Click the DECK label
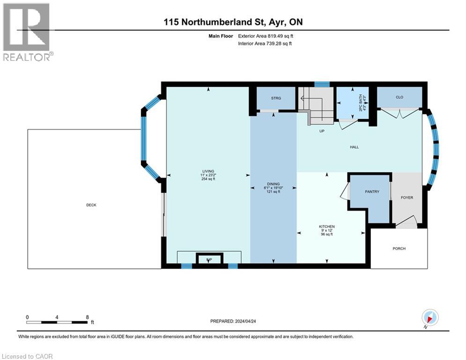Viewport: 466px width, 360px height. [91, 205]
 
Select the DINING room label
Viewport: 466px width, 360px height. [274, 184]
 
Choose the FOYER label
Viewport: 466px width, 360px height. [407, 197]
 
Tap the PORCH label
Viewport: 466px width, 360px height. [399, 248]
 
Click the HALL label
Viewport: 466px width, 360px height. [354, 147]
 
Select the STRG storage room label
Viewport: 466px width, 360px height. [276, 98]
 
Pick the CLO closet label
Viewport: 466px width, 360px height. [399, 97]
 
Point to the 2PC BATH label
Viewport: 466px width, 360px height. [361, 103]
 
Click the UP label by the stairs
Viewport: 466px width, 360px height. [322, 131]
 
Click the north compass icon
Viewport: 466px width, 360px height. [430, 317]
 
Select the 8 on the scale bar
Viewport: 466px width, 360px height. [88, 317]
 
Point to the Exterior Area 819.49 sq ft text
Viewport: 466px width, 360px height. [266, 36]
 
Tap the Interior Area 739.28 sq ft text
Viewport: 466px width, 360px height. [266, 44]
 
